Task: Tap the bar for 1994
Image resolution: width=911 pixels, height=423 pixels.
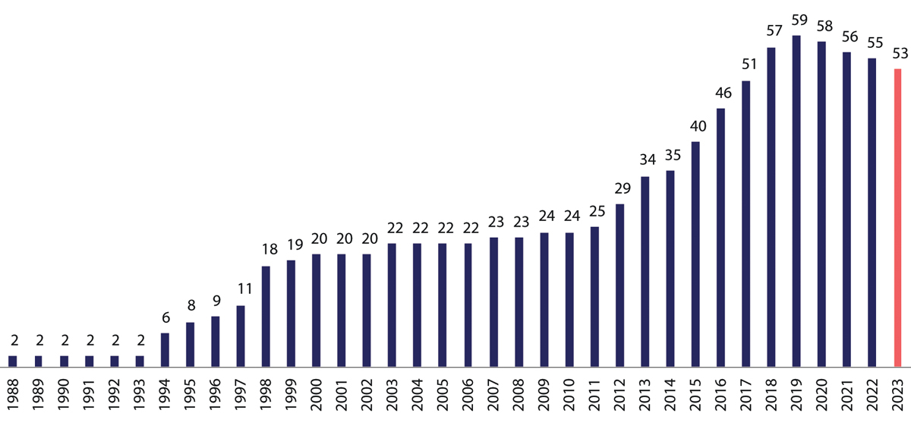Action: point(165,350)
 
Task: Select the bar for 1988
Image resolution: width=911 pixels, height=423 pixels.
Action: point(12,361)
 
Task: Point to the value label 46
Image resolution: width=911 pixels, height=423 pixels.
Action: point(720,94)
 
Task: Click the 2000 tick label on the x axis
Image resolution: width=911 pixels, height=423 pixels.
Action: point(317,396)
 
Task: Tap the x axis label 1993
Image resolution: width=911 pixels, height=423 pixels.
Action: point(140,396)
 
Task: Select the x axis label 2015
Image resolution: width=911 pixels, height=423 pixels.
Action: point(695,396)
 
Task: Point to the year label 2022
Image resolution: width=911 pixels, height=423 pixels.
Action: point(872,396)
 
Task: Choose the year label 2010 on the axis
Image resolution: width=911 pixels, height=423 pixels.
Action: point(569,396)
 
